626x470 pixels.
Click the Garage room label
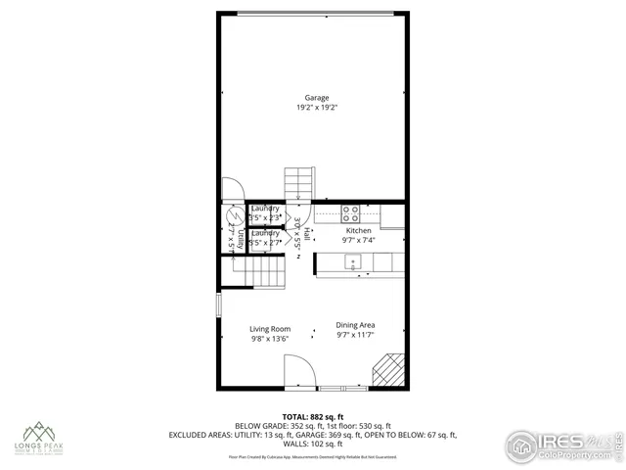click(315, 97)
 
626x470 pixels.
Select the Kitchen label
click(359, 231)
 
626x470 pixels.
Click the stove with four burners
click(350, 212)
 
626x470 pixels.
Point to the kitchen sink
click(353, 260)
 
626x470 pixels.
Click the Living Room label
click(270, 329)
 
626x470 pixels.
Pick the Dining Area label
click(356, 325)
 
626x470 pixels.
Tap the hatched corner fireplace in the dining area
click(389, 371)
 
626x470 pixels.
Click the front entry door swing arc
click(299, 370)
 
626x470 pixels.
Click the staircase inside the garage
click(297, 181)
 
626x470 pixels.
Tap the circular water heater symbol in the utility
click(235, 217)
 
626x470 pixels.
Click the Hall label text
click(306, 235)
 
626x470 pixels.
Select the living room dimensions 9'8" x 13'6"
click(270, 339)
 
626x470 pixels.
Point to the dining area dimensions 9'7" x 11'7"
click(356, 335)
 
